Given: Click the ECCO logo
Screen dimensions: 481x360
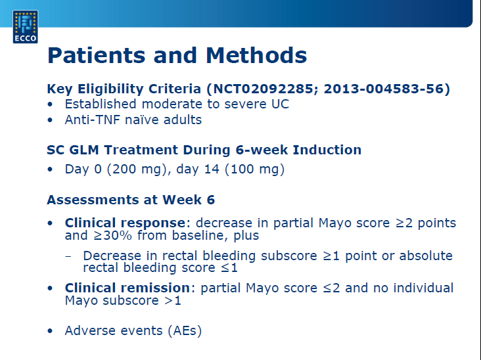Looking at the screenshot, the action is tap(26, 27).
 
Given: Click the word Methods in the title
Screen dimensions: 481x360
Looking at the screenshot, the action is tap(256, 55).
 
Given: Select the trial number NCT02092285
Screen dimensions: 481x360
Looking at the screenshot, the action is tap(263, 89).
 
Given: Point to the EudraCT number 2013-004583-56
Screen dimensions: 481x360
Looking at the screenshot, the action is tap(384, 89).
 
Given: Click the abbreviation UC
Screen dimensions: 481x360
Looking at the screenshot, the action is tap(280, 104).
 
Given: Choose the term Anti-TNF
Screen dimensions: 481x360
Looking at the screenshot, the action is tap(93, 120).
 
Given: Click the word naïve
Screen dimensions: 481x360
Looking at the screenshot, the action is tap(142, 120).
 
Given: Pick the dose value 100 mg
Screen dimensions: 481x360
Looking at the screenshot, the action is tap(254, 169).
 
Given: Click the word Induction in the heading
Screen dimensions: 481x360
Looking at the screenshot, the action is tap(327, 150).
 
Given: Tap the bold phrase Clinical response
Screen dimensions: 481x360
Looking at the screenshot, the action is tap(125, 223).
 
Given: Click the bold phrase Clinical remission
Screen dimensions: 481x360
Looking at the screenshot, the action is tap(127, 288).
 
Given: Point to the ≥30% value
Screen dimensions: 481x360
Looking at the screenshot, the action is tap(112, 235).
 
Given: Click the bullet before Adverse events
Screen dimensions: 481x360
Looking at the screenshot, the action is tap(50, 331).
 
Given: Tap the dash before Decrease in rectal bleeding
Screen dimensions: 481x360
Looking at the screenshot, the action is tap(68, 256).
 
